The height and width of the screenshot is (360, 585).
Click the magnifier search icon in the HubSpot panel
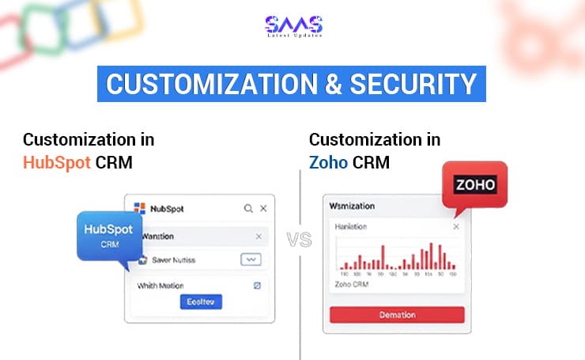pos(248,209)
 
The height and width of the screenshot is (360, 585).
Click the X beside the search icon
pos(264,209)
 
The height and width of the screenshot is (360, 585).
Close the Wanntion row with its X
pos(259,236)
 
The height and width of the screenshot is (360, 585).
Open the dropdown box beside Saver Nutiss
pos(251,260)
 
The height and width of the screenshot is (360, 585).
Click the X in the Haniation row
pos(455,227)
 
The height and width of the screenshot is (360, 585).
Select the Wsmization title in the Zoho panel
pos(353,206)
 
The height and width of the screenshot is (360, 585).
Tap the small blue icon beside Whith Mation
pos(256,285)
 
